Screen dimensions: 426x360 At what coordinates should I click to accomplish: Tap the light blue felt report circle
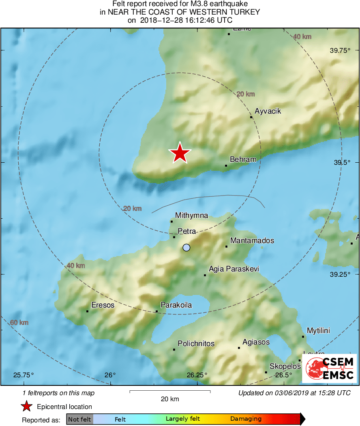[x=186, y=247]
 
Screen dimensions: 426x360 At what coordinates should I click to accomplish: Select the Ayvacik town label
[x=268, y=111]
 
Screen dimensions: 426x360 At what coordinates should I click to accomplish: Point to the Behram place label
[x=243, y=159]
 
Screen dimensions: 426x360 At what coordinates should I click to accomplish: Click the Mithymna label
[x=191, y=215]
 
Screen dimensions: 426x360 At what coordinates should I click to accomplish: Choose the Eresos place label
[x=103, y=305]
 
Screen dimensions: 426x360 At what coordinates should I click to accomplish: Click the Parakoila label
[x=176, y=305]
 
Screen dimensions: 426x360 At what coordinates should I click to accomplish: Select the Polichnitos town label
[x=196, y=344]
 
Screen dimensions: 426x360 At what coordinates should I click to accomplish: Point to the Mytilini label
[x=318, y=331]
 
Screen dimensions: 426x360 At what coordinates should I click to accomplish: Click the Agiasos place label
[x=256, y=342]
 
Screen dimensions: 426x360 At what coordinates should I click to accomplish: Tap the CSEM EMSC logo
[x=329, y=368]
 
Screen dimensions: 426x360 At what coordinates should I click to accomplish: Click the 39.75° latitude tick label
[x=340, y=51]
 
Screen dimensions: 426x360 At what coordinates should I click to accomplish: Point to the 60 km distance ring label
[x=19, y=323]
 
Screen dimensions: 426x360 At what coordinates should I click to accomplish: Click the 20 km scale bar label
[x=169, y=399]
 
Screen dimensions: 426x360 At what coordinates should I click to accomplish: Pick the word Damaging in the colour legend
[x=246, y=419]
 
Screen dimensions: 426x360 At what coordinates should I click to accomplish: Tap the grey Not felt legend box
[x=79, y=419]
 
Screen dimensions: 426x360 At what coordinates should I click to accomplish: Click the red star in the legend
[x=27, y=406]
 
